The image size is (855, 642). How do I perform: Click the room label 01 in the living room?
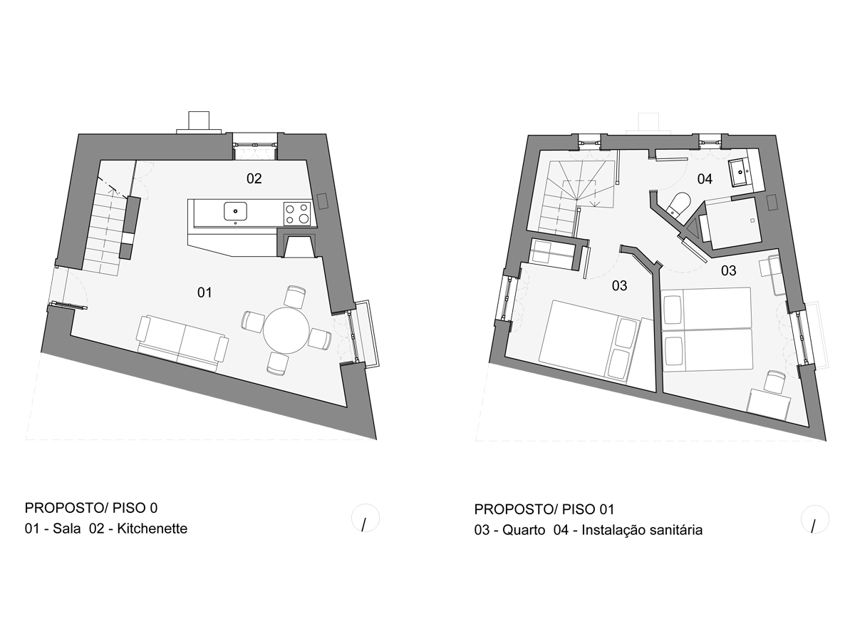click(204, 292)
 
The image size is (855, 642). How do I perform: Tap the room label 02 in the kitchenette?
click(254, 178)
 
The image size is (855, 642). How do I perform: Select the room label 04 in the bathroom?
click(705, 179)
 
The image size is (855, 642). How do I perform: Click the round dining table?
click(286, 330)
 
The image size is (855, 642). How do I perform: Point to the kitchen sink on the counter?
click(235, 211)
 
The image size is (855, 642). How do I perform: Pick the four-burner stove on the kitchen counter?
click(297, 213)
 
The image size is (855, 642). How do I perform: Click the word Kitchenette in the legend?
click(152, 529)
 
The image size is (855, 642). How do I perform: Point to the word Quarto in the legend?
click(524, 530)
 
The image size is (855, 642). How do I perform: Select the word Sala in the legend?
click(66, 529)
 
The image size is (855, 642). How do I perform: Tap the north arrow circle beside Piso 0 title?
click(366, 518)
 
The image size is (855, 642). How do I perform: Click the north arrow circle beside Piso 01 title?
click(815, 519)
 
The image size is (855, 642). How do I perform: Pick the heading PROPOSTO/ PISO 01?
click(544, 509)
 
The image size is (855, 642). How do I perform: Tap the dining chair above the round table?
click(294, 297)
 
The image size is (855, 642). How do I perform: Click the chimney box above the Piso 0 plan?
click(199, 121)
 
